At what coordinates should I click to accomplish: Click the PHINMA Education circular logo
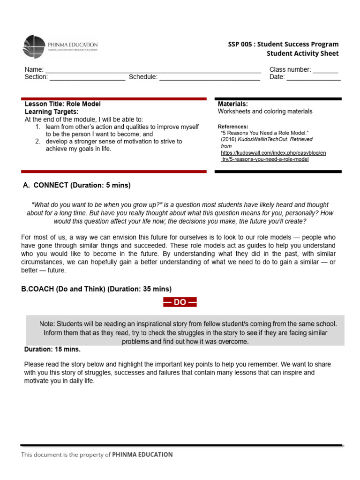coord(35,47)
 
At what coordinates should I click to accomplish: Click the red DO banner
coord(180,302)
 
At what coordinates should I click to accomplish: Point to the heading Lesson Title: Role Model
coord(62,104)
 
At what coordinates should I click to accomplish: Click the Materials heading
coord(233,104)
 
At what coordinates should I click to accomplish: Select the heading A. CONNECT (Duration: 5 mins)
coord(77,185)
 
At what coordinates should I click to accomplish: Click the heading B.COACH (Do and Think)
coord(96,289)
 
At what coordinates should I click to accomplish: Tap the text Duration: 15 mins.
coord(52,350)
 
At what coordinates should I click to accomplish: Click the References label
coord(233,127)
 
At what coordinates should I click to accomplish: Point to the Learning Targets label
coord(52,112)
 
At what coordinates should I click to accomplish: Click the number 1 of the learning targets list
coord(37,127)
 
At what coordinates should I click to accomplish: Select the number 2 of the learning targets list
coord(37,141)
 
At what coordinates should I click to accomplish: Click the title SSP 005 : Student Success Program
coord(283,44)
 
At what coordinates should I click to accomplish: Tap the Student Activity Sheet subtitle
coord(302,53)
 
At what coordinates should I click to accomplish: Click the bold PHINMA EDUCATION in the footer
coord(142,454)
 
